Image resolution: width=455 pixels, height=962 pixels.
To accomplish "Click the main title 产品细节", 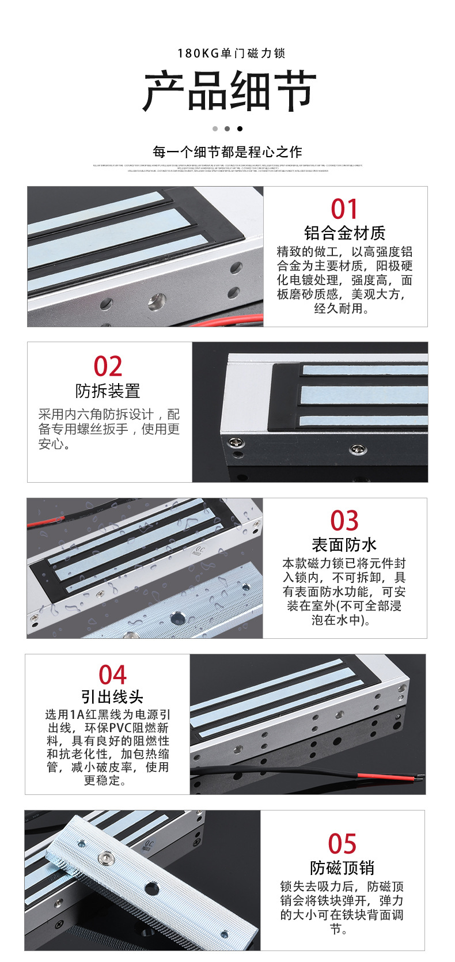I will click(229, 92).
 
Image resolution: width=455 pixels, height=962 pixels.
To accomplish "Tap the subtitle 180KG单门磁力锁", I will click(231, 54).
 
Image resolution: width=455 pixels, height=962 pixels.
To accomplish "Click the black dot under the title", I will click(240, 128).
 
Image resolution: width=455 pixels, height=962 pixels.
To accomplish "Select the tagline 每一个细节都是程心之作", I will click(227, 152).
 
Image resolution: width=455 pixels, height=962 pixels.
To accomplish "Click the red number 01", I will click(344, 209).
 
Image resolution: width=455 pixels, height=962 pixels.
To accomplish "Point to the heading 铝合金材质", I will click(344, 233).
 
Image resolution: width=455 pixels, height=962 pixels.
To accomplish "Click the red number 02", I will click(108, 367).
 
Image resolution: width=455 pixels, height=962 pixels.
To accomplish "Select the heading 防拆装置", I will click(108, 391).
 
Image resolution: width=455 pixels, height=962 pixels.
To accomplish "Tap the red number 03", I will click(344, 521).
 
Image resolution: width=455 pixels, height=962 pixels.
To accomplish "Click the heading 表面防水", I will click(344, 545).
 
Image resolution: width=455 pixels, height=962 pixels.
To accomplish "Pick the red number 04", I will click(112, 675).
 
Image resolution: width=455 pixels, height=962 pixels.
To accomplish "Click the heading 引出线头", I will click(112, 697).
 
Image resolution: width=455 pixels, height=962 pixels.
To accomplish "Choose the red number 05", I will click(342, 844).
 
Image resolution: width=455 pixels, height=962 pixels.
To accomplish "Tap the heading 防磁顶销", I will click(342, 868).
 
